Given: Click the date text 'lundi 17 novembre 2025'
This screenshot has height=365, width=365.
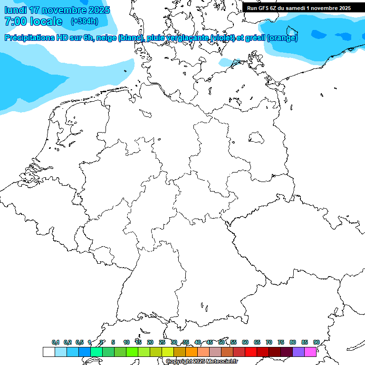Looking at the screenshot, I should [x=57, y=10].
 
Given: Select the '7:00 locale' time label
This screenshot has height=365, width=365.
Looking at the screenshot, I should [x=33, y=21].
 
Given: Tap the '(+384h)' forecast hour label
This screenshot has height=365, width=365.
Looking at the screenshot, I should [x=84, y=21].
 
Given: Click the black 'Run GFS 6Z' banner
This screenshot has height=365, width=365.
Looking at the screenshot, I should [x=299, y=8].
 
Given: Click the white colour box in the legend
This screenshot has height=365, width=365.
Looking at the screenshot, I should [x=48, y=352].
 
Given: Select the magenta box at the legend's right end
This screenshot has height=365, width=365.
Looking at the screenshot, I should [x=310, y=352].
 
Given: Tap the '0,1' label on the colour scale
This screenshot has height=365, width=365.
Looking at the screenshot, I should [x=56, y=342].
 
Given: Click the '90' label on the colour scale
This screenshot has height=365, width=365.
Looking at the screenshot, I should [x=316, y=342].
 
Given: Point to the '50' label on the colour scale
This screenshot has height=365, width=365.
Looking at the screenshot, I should [x=221, y=342].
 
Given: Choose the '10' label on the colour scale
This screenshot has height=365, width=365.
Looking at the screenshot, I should [x=126, y=342].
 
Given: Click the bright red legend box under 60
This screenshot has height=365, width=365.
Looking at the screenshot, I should [x=250, y=352].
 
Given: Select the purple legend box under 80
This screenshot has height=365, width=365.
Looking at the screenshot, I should [x=298, y=352].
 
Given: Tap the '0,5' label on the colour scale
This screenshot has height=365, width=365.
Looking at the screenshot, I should [x=79, y=342].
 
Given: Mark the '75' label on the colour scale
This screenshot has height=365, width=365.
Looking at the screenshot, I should [x=281, y=342].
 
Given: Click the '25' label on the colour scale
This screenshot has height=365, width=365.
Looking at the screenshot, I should [x=162, y=342].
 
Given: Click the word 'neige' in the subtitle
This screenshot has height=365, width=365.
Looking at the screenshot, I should [x=106, y=38].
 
